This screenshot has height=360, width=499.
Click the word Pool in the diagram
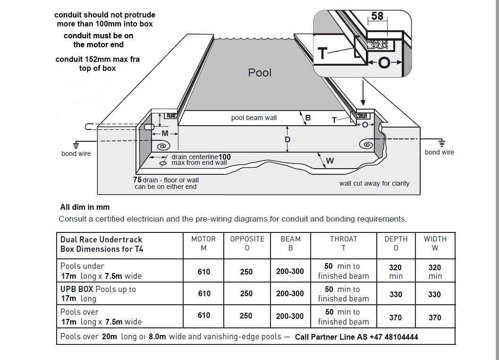(x=260, y=73)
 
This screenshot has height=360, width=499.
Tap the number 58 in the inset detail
(x=377, y=16)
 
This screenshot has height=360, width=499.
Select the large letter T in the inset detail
(x=322, y=53)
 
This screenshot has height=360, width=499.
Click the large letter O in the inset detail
(x=384, y=62)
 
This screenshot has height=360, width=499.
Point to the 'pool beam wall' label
(x=254, y=118)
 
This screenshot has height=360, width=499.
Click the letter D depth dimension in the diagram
(x=287, y=139)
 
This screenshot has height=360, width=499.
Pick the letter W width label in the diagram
(x=330, y=161)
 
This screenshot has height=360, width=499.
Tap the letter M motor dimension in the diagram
(x=165, y=134)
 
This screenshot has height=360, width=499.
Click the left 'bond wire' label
(x=76, y=154)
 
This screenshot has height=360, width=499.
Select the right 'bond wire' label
(x=439, y=152)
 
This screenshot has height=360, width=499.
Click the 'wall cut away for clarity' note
(x=374, y=183)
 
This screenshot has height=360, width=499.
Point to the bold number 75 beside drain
(x=137, y=180)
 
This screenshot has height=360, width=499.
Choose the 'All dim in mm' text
(x=85, y=207)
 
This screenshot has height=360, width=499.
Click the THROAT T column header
(x=343, y=243)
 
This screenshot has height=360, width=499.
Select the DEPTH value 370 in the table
(x=396, y=318)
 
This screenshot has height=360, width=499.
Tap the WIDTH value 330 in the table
(x=434, y=294)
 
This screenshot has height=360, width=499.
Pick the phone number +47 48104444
(x=389, y=337)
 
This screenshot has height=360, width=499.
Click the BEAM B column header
(x=290, y=243)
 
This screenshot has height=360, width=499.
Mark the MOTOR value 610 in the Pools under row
(x=204, y=272)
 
